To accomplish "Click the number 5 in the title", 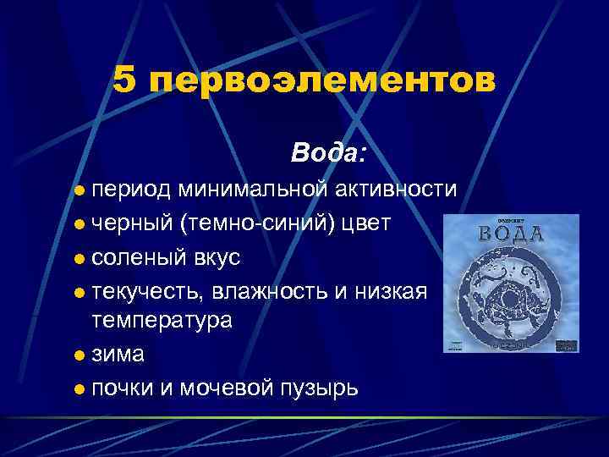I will pos(124,81).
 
